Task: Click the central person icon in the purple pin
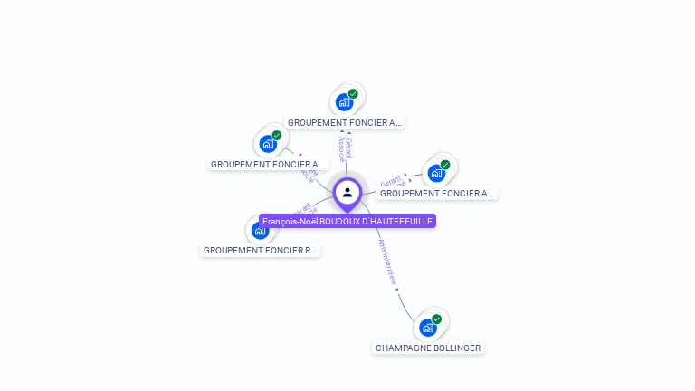(x=347, y=192)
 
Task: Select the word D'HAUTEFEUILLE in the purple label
(x=397, y=221)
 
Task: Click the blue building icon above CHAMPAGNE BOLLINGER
(x=427, y=327)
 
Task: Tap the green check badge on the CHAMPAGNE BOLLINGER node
(x=437, y=319)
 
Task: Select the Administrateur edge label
(x=387, y=263)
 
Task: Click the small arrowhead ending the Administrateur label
(x=397, y=289)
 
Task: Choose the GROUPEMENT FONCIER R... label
(x=261, y=250)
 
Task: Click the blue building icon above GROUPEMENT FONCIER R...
(x=261, y=230)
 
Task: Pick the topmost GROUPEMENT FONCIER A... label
(x=344, y=122)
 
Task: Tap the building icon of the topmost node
(x=344, y=101)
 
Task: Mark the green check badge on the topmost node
(x=354, y=93)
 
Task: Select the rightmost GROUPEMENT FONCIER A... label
(x=437, y=193)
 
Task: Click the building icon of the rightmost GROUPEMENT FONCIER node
(x=435, y=173)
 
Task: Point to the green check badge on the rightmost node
(x=445, y=165)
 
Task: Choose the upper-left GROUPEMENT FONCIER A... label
(x=267, y=165)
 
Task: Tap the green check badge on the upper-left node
(x=277, y=136)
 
